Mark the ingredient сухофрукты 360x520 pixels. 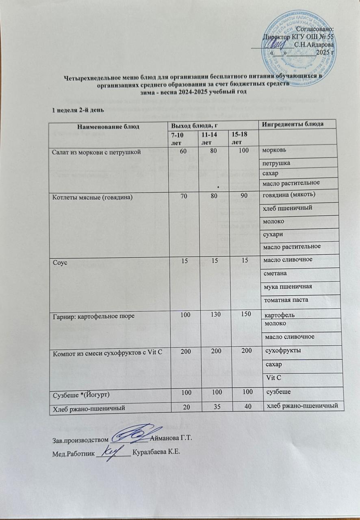click(x=283, y=350)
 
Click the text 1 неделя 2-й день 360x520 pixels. click(x=76, y=110)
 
